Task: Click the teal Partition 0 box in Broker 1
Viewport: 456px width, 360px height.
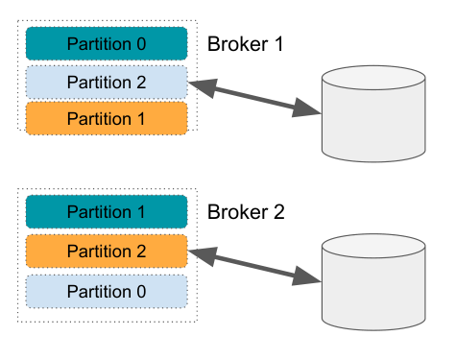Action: click(106, 43)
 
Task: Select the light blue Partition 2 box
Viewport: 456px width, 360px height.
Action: click(106, 81)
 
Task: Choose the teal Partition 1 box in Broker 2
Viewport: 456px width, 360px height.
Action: click(106, 211)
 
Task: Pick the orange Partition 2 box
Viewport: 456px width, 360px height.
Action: click(106, 250)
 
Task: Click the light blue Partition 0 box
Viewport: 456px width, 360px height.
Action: click(106, 289)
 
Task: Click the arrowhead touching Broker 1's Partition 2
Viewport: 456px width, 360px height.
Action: click(200, 85)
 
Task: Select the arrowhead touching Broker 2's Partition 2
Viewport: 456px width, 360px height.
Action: click(200, 252)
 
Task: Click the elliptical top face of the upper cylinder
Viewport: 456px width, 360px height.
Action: click(374, 79)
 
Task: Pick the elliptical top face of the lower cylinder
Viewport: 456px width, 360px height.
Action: click(374, 247)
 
